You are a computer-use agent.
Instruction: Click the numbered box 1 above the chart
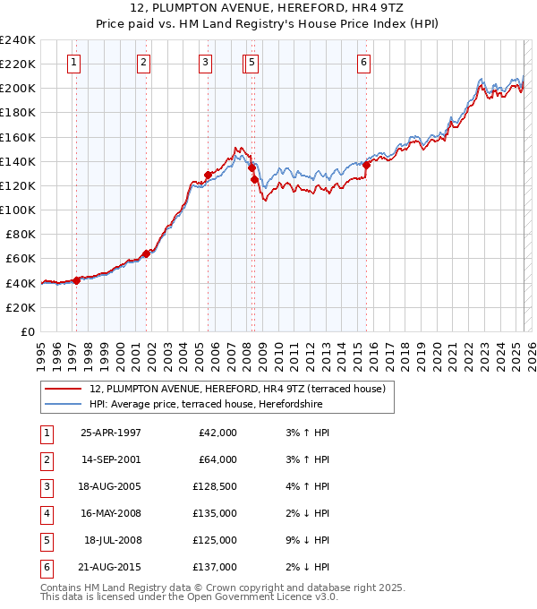(x=72, y=63)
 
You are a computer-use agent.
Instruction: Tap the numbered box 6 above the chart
(x=363, y=63)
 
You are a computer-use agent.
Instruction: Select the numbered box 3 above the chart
(x=206, y=63)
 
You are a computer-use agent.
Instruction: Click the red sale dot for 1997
(x=77, y=280)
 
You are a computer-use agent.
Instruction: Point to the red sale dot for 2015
(x=366, y=165)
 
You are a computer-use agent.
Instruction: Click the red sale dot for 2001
(x=146, y=253)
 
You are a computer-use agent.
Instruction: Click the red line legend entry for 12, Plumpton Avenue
(x=64, y=389)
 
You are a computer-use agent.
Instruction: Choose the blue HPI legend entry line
(x=64, y=404)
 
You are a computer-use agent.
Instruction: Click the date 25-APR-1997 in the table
(x=110, y=433)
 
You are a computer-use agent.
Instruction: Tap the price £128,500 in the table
(x=216, y=486)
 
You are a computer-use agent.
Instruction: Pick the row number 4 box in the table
(x=46, y=513)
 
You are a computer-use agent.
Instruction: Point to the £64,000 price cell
(x=218, y=459)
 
